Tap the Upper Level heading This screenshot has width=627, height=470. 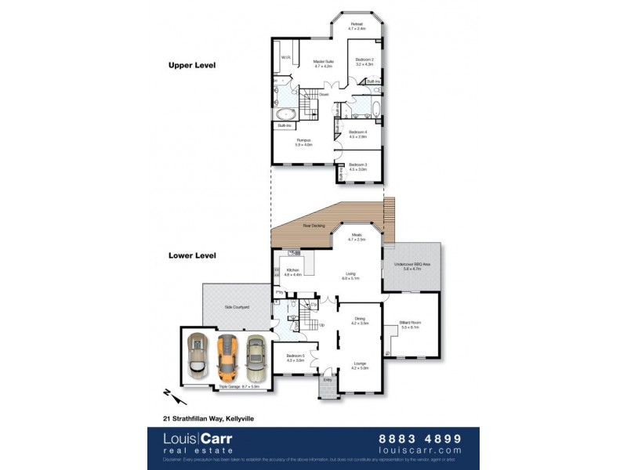point(192,65)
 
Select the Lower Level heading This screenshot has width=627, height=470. point(192,255)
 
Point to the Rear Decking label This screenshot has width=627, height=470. point(314,226)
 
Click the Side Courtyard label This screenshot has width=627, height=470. point(237,307)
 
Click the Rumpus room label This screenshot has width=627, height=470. point(303,141)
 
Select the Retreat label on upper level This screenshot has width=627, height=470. point(357,25)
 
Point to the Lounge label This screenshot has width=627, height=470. point(360,363)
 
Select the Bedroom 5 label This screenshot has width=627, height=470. point(295,357)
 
